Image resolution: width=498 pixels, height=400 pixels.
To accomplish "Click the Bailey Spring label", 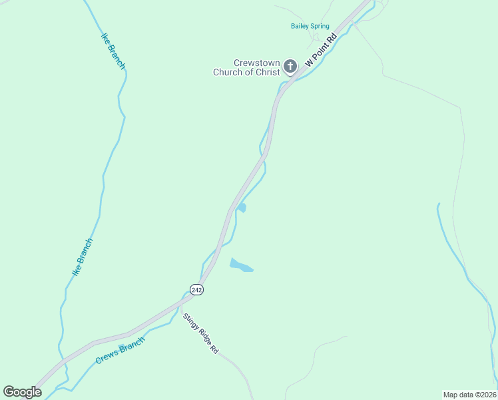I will pos(310,27).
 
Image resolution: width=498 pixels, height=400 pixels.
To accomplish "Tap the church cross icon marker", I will pos(290,66).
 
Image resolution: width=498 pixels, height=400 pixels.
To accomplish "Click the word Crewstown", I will pos(256,63).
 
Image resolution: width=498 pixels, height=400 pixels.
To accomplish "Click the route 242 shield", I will pos(196,289).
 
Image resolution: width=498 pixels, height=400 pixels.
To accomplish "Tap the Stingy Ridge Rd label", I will pos(200,333).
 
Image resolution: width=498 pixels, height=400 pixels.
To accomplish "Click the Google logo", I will pos(22,392).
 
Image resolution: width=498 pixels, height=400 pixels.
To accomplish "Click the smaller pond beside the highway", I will pos(242,208).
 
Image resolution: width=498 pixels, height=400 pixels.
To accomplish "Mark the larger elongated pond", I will pos(240,265).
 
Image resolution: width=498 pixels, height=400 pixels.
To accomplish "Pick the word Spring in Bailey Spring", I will pos(319,27).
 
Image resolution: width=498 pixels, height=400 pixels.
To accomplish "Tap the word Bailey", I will pos(300,27).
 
